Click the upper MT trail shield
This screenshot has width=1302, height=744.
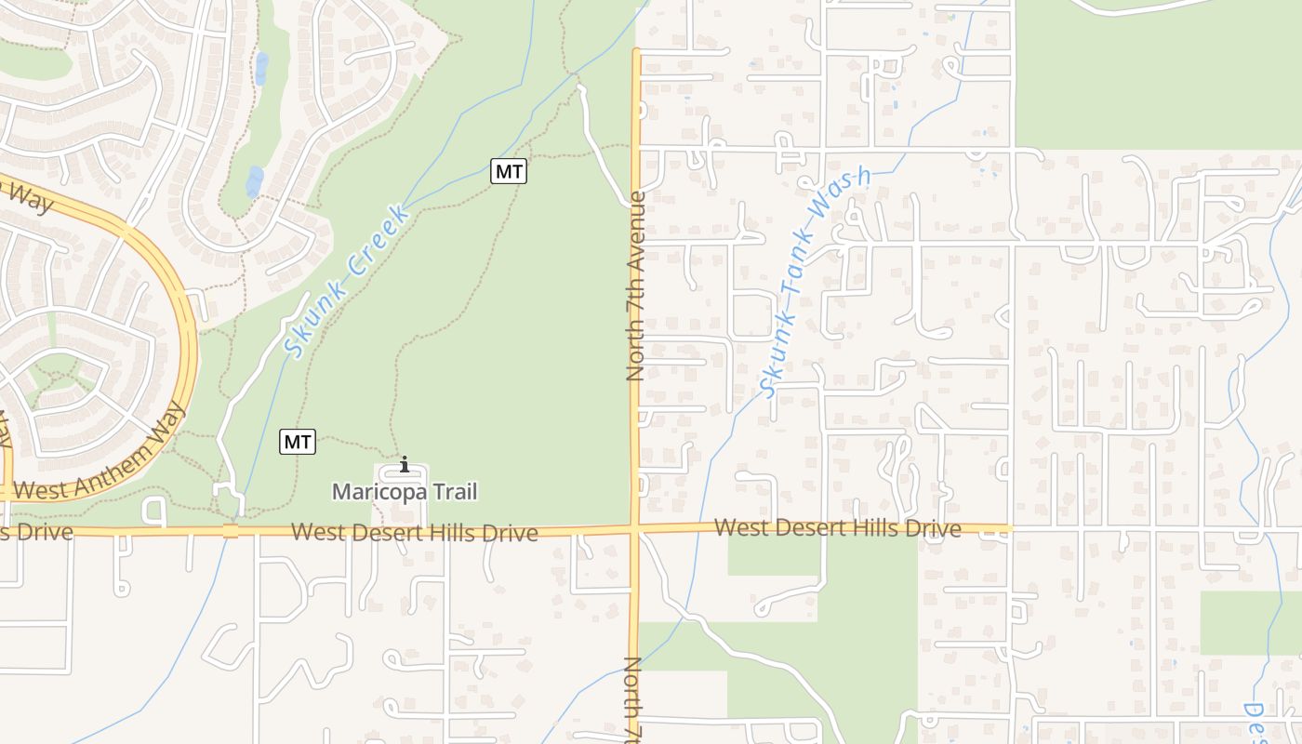509,171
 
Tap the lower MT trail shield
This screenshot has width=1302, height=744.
298,442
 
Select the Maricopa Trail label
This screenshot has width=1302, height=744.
405,491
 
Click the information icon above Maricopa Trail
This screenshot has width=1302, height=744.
405,464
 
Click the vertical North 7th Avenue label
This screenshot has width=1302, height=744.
636,286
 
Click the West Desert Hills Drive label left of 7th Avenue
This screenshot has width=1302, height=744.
414,533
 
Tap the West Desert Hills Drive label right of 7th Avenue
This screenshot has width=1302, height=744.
837,528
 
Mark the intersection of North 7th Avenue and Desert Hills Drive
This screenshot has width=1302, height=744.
636,529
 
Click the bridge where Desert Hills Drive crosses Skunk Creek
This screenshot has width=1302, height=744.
231,531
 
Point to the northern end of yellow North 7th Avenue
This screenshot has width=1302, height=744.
636,52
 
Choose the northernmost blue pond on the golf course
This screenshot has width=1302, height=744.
262,67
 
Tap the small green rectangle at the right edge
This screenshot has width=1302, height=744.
1250,622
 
